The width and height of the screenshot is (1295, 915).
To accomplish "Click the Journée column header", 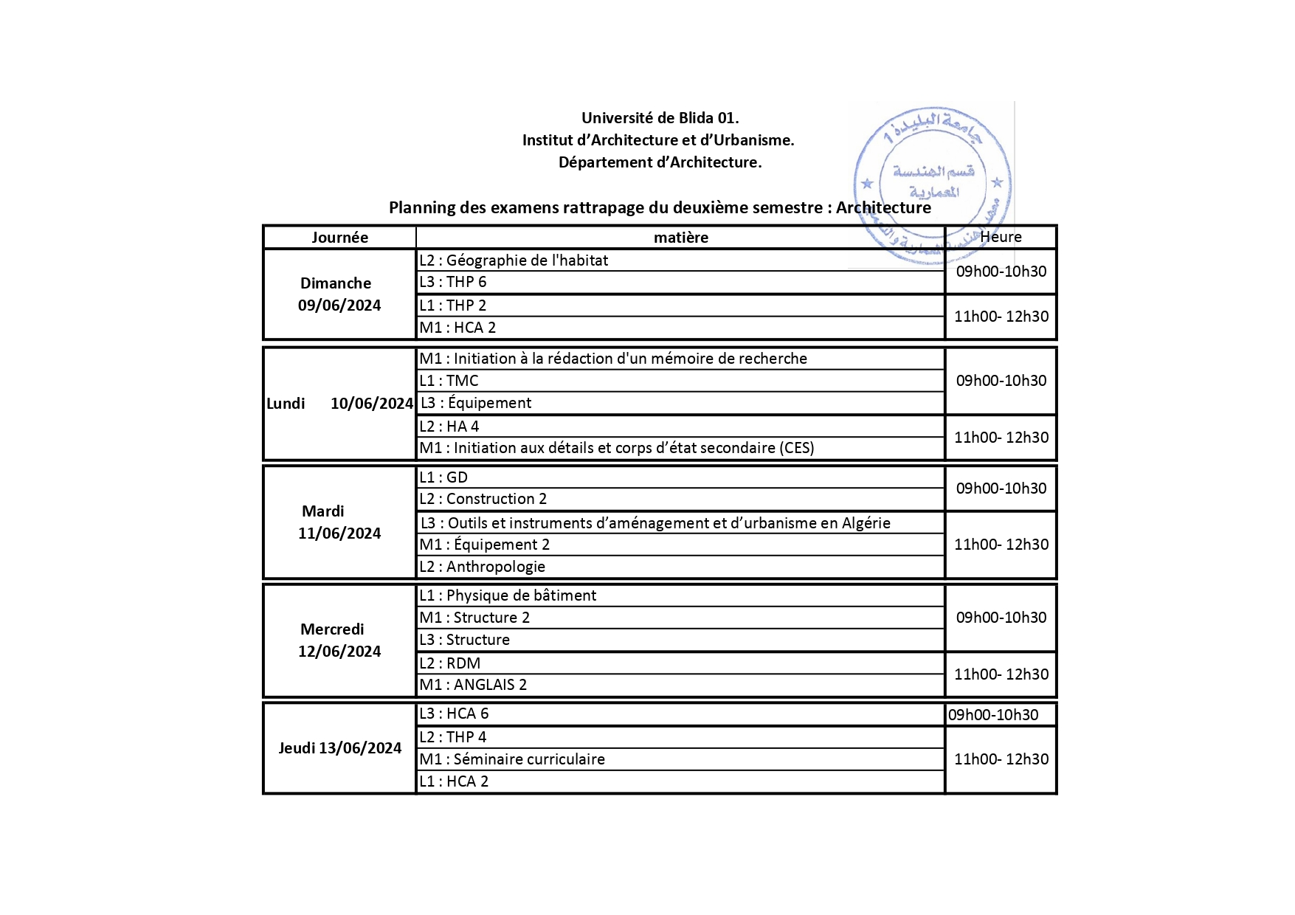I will (339, 237).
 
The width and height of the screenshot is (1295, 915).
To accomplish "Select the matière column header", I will (680, 237).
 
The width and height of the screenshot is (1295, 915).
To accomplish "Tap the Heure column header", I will (1001, 237).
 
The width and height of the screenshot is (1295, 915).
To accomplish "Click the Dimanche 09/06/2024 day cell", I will (339, 294).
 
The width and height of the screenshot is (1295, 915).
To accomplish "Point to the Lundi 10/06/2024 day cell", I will (339, 403).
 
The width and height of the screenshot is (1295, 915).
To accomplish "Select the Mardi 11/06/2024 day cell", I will (339, 522).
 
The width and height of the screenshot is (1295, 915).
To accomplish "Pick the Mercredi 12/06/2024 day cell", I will (339, 640).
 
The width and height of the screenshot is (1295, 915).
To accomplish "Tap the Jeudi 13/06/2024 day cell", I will (339, 747).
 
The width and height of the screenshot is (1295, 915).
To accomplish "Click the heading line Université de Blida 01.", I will (660, 118).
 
